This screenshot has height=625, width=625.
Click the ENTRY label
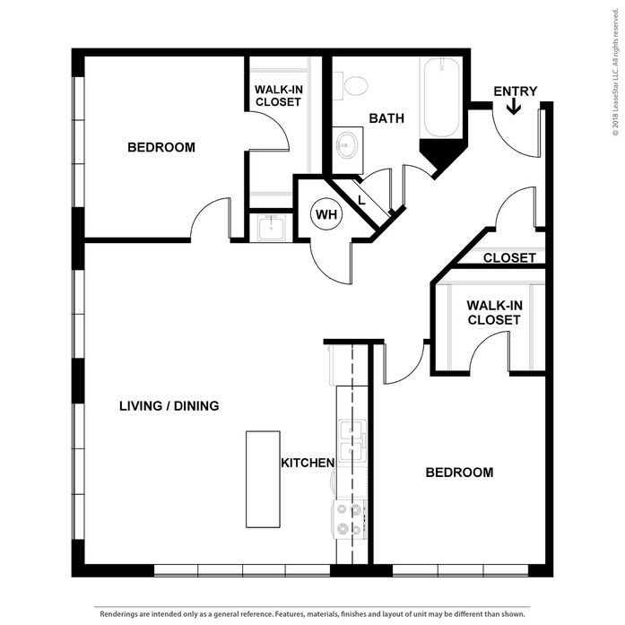pyautogui.click(x=515, y=91)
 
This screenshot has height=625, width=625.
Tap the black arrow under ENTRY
pyautogui.click(x=514, y=106)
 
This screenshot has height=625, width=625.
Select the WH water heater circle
pyautogui.click(x=326, y=214)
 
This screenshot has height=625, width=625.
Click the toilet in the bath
pyautogui.click(x=351, y=86)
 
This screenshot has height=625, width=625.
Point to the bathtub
pyautogui.click(x=441, y=98)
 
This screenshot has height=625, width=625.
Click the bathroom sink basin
pyautogui.click(x=346, y=144)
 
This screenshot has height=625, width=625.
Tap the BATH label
pyautogui.click(x=386, y=118)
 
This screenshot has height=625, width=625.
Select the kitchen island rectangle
pyautogui.click(x=263, y=479)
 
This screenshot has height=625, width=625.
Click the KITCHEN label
pyautogui.click(x=308, y=463)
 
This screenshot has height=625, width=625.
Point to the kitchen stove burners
pyautogui.click(x=350, y=520)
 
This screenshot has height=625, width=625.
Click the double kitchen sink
pyautogui.click(x=352, y=441)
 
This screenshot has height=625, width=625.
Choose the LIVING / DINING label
pyautogui.click(x=169, y=406)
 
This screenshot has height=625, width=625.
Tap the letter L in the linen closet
pyautogui.click(x=361, y=200)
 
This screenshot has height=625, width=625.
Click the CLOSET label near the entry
pyautogui.click(x=509, y=258)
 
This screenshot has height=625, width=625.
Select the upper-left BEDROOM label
pyautogui.click(x=161, y=147)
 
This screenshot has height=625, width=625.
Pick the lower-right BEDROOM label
pyautogui.click(x=459, y=473)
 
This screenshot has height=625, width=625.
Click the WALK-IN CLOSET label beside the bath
pyautogui.click(x=278, y=96)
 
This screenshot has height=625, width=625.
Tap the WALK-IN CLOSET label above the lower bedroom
pyautogui.click(x=494, y=312)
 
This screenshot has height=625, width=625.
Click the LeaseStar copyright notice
pyautogui.click(x=616, y=73)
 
